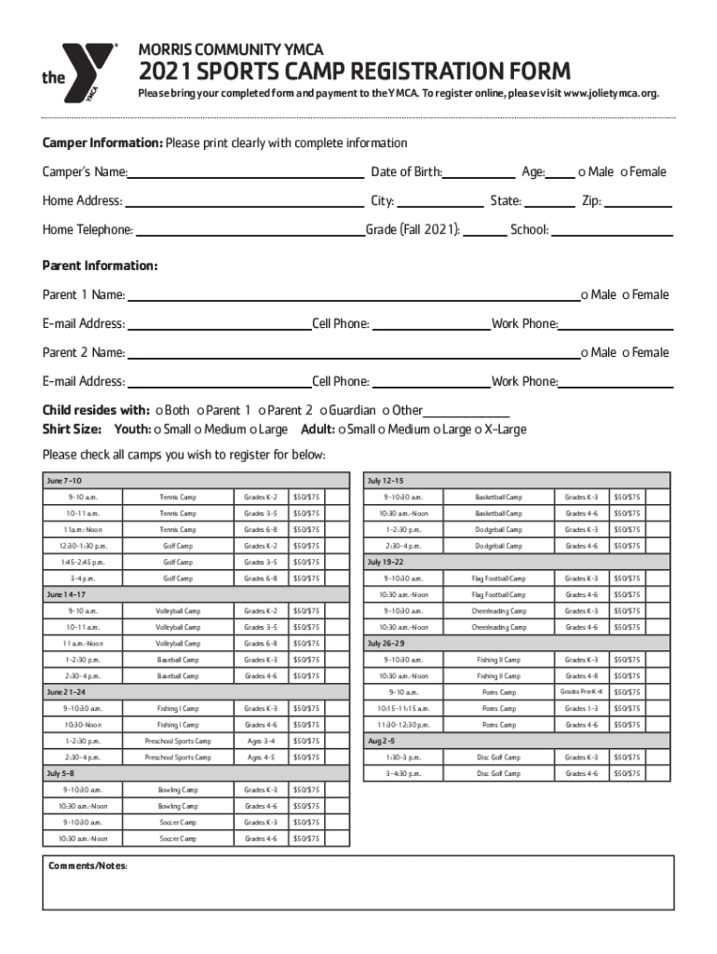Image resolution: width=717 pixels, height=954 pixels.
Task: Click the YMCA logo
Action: point(78,75)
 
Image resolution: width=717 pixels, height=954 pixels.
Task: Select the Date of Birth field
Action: point(479,172)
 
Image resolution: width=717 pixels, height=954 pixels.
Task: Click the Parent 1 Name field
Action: point(353,296)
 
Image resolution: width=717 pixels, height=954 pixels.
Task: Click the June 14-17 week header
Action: point(66,594)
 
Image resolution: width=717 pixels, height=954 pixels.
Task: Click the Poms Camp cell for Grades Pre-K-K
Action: point(499,692)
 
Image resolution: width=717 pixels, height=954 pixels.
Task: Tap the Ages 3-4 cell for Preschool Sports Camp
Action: point(261,742)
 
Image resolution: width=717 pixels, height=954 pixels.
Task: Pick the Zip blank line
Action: point(639,201)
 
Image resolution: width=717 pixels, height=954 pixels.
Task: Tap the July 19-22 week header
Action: point(386,563)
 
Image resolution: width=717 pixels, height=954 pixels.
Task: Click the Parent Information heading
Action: point(100,266)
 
